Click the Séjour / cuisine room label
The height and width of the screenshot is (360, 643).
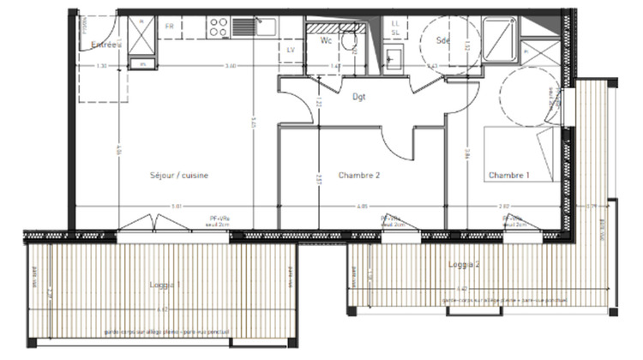coord(180,175)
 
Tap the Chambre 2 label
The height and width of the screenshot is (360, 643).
coord(358,175)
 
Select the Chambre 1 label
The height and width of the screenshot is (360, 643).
coord(508,175)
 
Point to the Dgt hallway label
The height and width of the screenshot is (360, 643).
coord(359,97)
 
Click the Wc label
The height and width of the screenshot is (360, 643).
coord(326,40)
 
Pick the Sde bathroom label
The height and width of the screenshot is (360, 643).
coord(443,40)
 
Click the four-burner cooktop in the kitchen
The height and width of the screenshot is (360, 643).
coord(219,28)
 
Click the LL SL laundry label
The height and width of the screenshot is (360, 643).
coord(395,27)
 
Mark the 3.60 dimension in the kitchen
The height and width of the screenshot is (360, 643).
coord(230,66)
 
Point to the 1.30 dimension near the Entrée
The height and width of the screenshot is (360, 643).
coord(101,66)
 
